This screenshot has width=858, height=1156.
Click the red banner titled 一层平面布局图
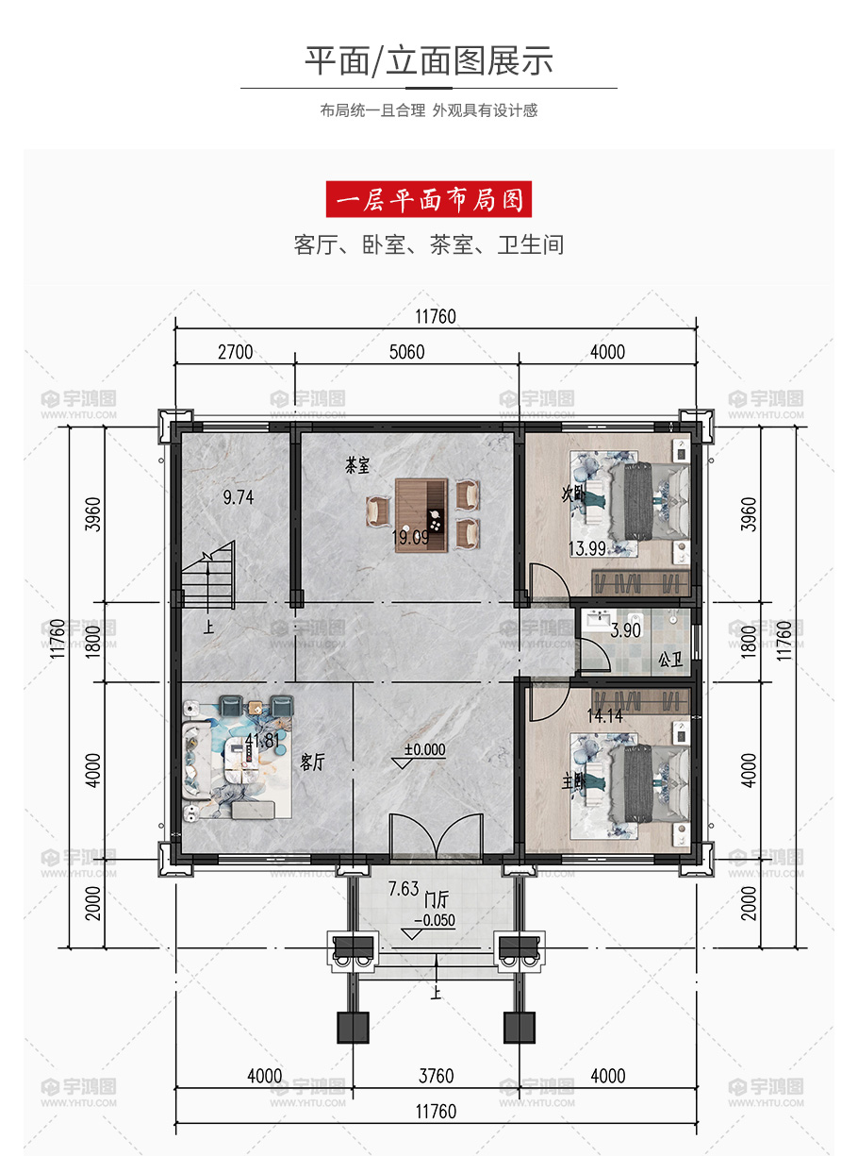tap(429, 199)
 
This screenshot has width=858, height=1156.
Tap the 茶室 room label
tap(357, 465)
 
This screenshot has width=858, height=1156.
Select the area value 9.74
tap(239, 497)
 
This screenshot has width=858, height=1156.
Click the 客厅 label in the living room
tap(313, 762)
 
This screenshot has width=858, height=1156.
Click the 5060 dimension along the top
tap(407, 352)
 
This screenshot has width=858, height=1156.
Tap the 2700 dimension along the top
tap(236, 352)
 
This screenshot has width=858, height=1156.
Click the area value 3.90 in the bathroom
tap(625, 630)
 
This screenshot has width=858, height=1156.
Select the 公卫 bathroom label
tap(670, 661)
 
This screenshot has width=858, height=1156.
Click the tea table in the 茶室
tap(421, 515)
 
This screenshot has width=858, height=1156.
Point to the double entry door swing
tap(436, 834)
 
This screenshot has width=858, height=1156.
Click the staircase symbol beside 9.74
tap(208, 575)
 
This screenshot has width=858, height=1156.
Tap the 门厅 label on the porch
tap(436, 899)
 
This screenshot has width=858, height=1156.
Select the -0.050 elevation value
tap(435, 920)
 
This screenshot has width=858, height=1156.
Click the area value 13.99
tap(587, 549)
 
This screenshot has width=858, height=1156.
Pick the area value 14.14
tap(604, 716)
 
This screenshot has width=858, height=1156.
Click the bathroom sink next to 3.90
tap(601, 620)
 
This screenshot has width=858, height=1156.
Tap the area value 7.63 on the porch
tap(404, 889)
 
